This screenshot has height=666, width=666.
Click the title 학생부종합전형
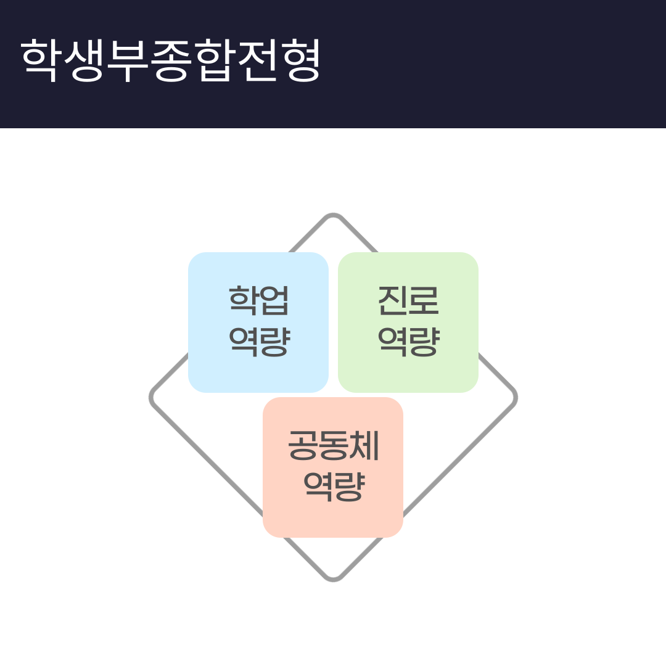(170, 60)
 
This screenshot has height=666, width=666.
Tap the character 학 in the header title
(39, 60)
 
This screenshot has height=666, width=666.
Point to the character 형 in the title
(303, 60)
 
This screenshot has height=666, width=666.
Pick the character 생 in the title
(84, 60)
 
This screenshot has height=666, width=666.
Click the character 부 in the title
(126, 60)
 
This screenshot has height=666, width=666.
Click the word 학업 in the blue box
(258, 300)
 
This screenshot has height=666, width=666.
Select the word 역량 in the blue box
(259, 342)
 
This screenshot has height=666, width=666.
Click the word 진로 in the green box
(408, 300)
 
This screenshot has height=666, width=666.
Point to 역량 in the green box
(409, 342)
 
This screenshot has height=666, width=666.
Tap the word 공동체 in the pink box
(334, 445)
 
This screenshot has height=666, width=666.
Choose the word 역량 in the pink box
(334, 487)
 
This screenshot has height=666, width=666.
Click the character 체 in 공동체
(364, 445)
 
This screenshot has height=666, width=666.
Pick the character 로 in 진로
(424, 300)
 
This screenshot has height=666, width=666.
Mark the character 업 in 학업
(274, 300)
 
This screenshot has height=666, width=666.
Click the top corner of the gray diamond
(333, 215)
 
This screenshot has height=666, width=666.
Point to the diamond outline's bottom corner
(333, 581)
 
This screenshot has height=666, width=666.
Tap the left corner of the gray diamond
(150, 398)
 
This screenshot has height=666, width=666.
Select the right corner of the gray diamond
(516, 398)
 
